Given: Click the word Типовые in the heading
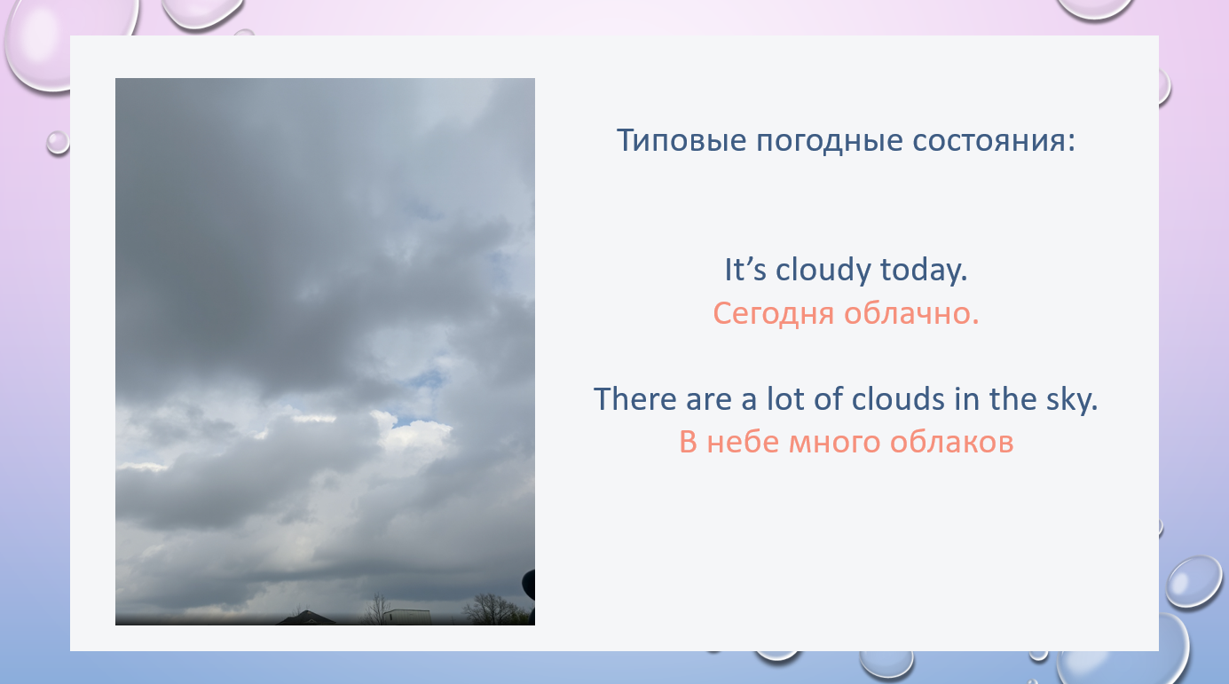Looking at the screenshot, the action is coord(681,140).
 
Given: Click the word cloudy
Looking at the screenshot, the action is coord(823,271).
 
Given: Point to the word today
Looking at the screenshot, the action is coord(924,271).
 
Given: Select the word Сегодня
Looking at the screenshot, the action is coord(773,315).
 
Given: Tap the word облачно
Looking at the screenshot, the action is coord(910,314).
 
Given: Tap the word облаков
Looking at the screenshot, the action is coord(951,442).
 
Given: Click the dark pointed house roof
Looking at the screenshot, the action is coord(306,618).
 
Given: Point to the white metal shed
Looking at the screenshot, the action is coord(406,617).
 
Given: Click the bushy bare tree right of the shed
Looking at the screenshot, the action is coord(490,609).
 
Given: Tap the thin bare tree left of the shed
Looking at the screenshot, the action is coord(376,609).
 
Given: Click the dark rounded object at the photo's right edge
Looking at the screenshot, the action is coord(529,585).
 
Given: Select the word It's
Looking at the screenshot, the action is coord(745,270).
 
